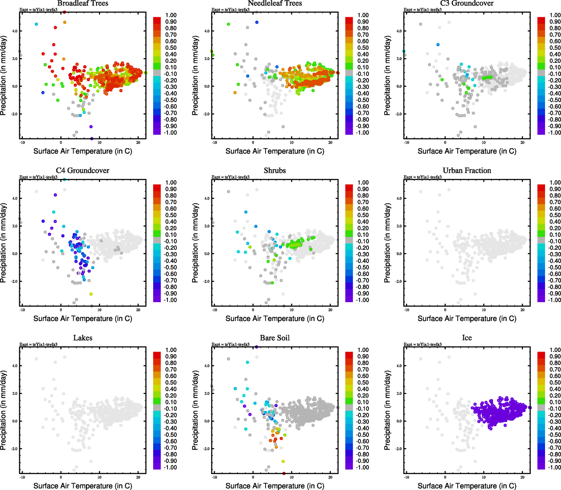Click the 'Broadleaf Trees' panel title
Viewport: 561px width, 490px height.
(83, 4)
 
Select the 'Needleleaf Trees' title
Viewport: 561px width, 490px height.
(275, 4)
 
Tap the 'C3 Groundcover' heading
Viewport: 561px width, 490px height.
(467, 4)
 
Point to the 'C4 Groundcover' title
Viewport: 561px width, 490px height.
(83, 171)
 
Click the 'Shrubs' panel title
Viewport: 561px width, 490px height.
(275, 171)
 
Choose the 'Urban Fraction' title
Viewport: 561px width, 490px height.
(467, 171)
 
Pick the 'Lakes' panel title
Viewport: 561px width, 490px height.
(83, 338)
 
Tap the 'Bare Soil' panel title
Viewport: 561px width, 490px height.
(275, 338)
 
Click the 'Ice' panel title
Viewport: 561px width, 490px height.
(467, 338)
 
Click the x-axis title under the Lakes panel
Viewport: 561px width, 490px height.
(83, 486)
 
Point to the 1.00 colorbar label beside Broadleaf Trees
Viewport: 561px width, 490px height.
(171, 15)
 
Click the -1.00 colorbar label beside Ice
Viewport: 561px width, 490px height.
(554, 467)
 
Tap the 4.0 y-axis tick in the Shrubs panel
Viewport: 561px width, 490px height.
(207, 198)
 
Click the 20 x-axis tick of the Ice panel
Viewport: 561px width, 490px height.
(522, 477)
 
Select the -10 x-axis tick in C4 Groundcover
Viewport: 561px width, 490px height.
(22, 310)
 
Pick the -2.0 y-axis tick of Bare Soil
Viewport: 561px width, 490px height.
(206, 449)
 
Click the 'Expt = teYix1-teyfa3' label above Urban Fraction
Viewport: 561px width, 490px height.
(422, 177)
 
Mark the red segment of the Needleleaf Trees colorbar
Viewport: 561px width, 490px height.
(349, 20)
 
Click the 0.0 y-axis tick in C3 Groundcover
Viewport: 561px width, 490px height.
(399, 86)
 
